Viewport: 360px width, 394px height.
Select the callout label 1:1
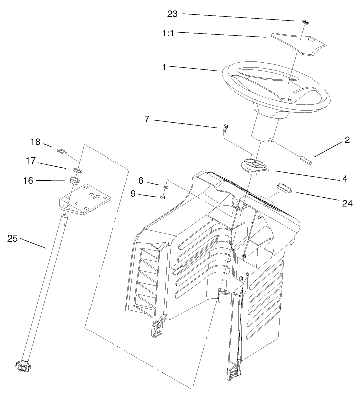[169, 33]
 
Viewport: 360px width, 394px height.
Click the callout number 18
[35, 142]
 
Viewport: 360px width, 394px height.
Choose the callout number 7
[146, 120]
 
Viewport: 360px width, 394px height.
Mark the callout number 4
[345, 178]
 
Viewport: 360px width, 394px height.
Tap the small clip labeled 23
[305, 22]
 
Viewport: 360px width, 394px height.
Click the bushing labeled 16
[74, 180]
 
